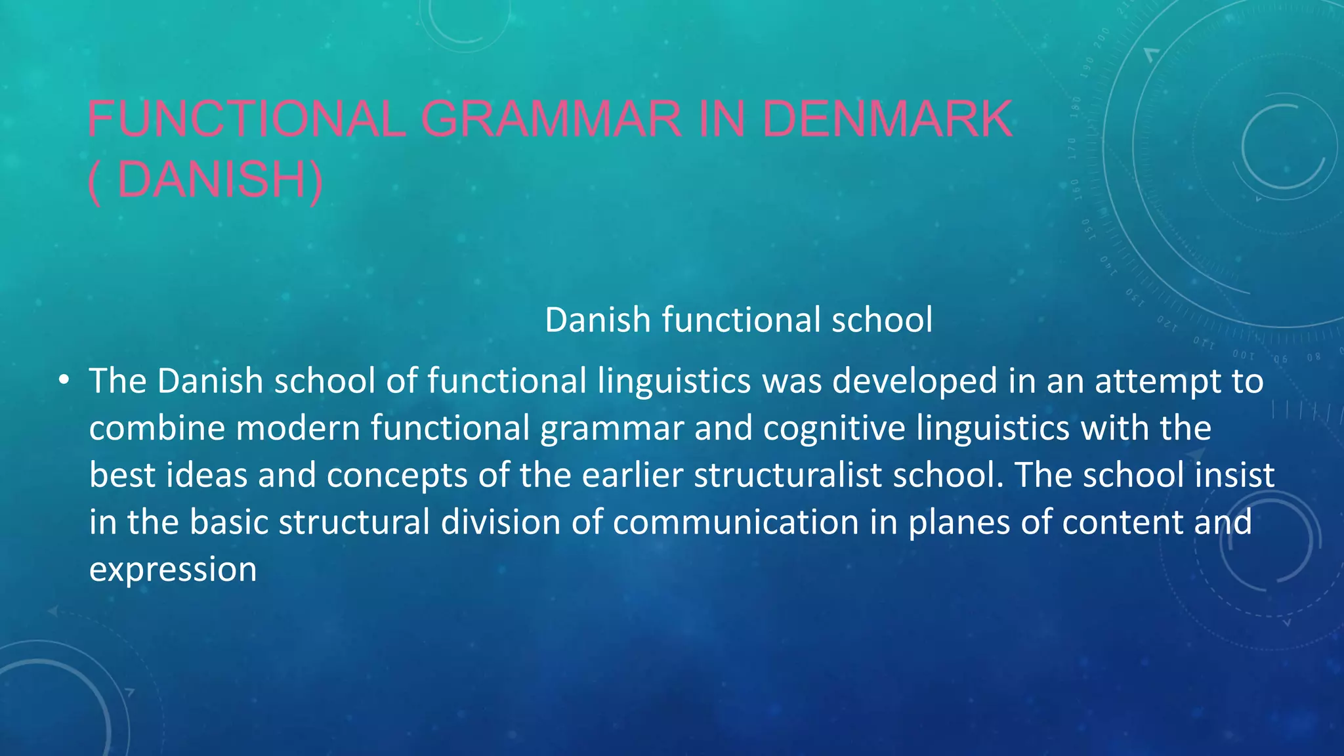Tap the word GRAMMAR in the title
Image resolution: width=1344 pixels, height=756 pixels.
coord(551,119)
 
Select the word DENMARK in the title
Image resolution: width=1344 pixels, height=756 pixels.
coord(887,119)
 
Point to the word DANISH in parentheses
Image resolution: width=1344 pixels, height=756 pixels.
coord(211,180)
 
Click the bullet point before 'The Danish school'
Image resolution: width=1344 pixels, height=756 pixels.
coord(63,381)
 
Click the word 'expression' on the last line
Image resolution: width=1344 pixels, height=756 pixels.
coord(173,569)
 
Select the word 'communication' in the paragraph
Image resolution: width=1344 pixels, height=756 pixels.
coord(736,522)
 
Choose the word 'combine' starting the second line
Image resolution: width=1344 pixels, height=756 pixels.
coord(157,429)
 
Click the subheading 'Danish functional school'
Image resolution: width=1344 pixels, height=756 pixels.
coord(738,320)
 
